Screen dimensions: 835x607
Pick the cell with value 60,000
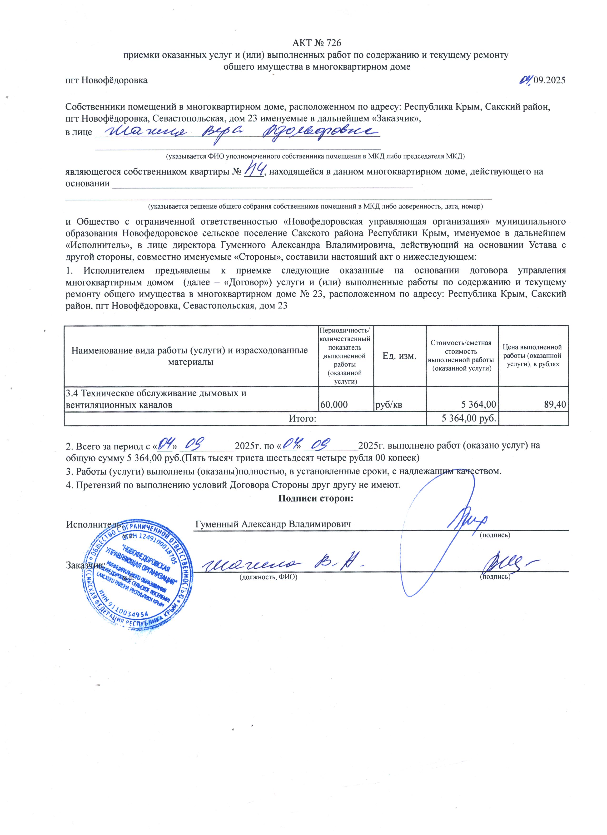point(334,405)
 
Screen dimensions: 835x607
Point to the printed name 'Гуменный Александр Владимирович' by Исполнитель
point(273,524)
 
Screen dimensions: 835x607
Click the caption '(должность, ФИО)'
point(268,577)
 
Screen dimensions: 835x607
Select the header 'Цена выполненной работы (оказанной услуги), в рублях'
point(532,356)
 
